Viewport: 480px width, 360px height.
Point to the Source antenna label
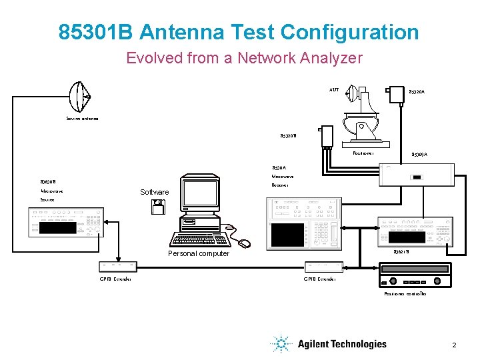coord(82,119)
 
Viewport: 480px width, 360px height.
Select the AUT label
coord(334,89)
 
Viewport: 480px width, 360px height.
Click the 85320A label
coord(418,92)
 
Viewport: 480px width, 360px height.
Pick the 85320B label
coord(288,136)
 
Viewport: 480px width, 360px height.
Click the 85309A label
coord(419,155)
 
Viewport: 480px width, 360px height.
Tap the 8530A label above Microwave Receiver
coord(279,167)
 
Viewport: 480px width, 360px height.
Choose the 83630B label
coord(48,181)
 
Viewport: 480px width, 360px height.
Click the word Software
coord(155,192)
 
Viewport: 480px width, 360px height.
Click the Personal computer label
coord(198,253)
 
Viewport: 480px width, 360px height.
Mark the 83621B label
coord(401,252)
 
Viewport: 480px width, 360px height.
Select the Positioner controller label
coord(405,294)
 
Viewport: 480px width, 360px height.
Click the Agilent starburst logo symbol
coord(281,344)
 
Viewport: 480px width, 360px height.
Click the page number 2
coord(454,345)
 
